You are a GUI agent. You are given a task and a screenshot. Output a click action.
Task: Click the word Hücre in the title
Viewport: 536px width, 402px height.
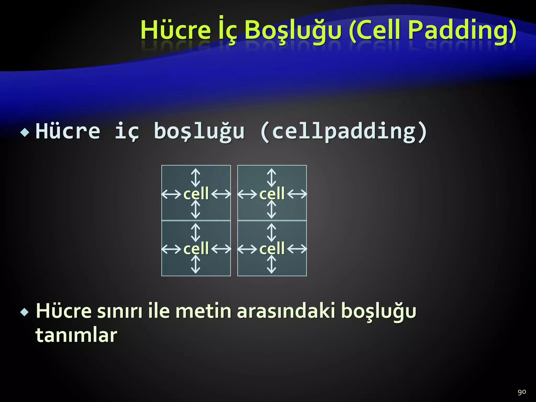(x=176, y=30)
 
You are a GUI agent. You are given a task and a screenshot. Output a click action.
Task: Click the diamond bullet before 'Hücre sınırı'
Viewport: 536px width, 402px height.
(x=25, y=312)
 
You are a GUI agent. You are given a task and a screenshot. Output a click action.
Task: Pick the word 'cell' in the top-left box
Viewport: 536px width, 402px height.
(x=196, y=194)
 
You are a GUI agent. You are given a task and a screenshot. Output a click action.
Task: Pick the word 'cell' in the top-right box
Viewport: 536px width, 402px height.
(x=272, y=194)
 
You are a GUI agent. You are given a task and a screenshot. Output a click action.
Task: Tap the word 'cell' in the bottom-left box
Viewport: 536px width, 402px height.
(x=196, y=248)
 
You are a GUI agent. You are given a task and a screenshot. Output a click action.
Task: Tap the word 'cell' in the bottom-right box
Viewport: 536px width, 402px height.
(x=272, y=248)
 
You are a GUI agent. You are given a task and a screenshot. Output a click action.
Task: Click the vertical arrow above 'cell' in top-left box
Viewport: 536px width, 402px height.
(x=196, y=178)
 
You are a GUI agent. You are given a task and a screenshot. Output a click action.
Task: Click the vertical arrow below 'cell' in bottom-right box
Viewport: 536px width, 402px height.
(x=271, y=264)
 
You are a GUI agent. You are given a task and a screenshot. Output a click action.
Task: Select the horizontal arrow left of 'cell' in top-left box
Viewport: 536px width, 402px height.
(x=171, y=194)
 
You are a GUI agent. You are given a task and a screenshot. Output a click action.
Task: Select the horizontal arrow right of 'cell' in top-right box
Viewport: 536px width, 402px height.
(x=297, y=194)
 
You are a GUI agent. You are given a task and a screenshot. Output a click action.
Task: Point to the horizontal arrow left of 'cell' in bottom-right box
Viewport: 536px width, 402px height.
(x=247, y=249)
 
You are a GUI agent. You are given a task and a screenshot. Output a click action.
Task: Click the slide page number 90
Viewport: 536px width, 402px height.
(x=522, y=392)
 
